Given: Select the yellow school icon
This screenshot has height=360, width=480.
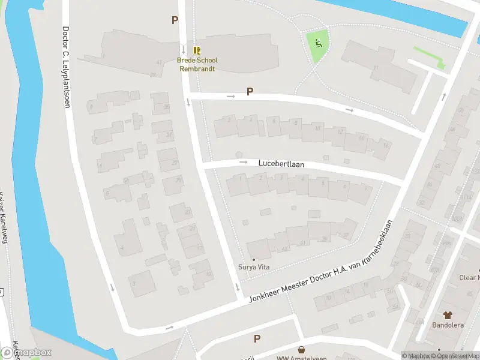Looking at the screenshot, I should point(197,51).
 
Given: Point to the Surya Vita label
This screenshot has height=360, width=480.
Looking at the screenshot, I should point(254,268).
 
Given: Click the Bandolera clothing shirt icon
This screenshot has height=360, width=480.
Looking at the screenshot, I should point(448,314).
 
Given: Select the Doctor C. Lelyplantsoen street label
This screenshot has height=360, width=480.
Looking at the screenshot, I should point(65,67).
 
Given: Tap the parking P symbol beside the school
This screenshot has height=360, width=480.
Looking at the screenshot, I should point(250,92).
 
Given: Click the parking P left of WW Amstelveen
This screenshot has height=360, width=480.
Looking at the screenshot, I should point(257,339).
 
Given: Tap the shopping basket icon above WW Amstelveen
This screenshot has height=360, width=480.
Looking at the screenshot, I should point(301,349).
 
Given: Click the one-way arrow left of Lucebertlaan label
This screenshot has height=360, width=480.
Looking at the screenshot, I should point(243,162).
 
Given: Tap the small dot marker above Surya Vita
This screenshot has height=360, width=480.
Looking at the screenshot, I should point(254,260).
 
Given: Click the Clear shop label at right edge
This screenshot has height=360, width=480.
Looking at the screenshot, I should point(469,278).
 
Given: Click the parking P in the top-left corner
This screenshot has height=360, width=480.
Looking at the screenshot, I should point(175,20).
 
